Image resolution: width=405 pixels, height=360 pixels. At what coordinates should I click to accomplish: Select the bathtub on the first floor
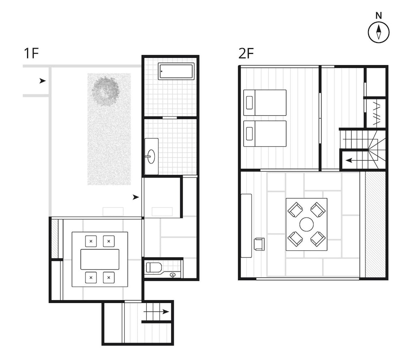point(177,71)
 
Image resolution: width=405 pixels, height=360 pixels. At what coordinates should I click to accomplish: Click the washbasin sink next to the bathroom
point(151,156)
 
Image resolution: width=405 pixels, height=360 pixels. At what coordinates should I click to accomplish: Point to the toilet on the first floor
point(154,267)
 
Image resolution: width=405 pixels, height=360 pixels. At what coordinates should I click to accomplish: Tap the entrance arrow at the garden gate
point(43,81)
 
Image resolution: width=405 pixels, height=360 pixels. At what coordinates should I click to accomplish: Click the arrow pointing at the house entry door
point(136,197)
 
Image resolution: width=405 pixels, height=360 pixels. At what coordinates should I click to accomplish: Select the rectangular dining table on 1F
point(100,259)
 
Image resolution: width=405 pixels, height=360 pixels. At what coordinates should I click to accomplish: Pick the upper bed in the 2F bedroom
point(265,102)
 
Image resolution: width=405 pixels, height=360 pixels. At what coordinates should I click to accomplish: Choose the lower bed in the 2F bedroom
point(265,133)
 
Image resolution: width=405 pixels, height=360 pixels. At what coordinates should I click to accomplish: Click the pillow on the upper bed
point(249,102)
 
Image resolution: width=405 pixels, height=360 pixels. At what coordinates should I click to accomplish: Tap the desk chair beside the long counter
point(259,244)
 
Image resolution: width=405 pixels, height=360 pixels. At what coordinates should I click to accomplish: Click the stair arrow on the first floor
point(156,311)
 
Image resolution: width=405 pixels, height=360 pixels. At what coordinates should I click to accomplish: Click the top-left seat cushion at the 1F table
point(91,241)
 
